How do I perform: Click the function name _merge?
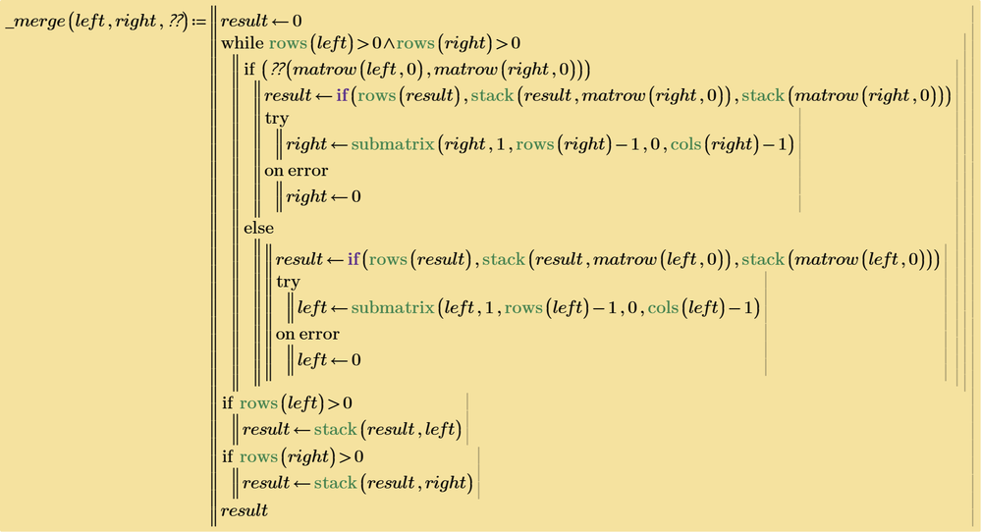(x=35, y=22)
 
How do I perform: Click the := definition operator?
(x=199, y=22)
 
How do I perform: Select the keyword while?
(x=243, y=43)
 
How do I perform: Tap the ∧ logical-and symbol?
(x=389, y=44)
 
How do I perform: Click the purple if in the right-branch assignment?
(x=343, y=95)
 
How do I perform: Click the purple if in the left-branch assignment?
(x=354, y=259)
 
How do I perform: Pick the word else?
(x=259, y=228)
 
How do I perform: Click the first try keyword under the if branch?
(x=277, y=119)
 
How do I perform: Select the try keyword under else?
(x=288, y=283)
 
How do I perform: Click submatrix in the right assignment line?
(x=392, y=145)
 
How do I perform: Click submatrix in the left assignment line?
(x=392, y=308)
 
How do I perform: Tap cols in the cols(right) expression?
(x=685, y=145)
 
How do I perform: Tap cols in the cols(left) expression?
(x=663, y=308)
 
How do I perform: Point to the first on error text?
(x=296, y=172)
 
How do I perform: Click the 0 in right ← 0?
(x=356, y=197)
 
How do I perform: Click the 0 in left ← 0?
(x=356, y=360)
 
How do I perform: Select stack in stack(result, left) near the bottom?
(x=335, y=430)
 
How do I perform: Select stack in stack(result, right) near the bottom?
(x=335, y=483)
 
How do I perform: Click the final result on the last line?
(x=244, y=510)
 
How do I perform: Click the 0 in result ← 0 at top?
(x=297, y=22)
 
